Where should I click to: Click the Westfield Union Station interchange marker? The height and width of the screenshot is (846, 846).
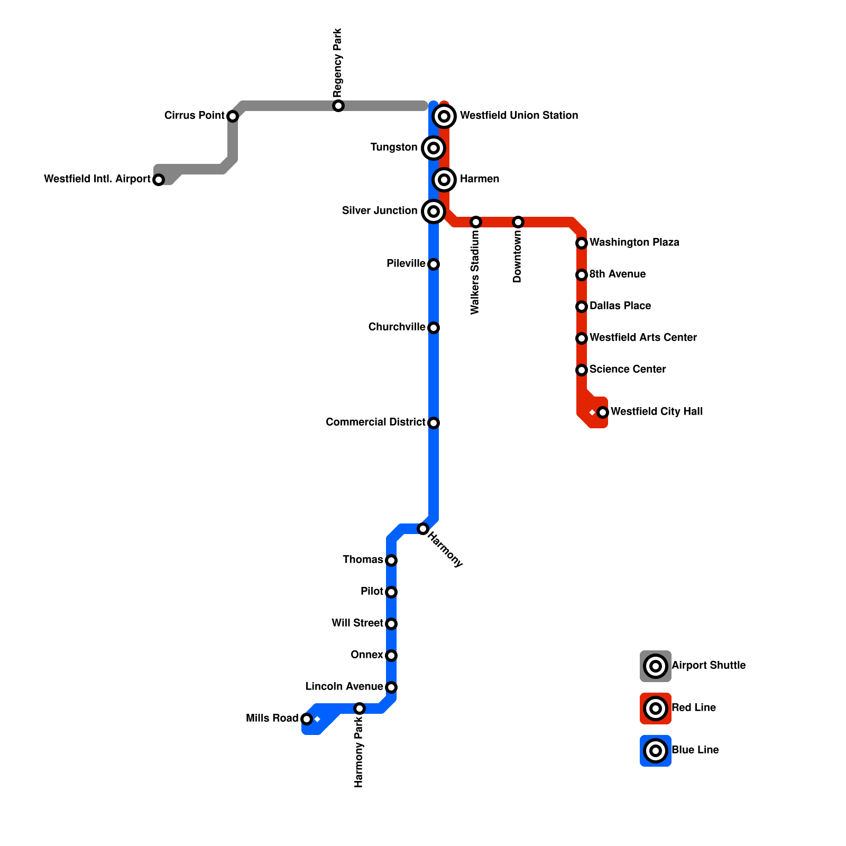tap(445, 116)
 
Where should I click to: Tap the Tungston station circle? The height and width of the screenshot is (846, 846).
tap(434, 148)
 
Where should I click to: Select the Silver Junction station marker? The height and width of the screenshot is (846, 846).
tap(434, 212)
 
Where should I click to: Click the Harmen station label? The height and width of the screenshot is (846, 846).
tap(479, 179)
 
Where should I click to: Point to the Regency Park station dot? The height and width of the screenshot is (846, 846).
tap(338, 106)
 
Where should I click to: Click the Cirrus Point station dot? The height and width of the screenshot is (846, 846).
tap(233, 116)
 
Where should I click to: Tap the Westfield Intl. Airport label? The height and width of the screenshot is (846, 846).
tap(97, 179)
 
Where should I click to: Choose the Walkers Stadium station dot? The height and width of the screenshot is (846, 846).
tap(476, 222)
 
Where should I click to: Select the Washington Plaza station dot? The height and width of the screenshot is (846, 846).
tap(582, 243)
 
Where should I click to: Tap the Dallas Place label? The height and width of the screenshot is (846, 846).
tap(620, 306)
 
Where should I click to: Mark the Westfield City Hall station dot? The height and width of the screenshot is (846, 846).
tap(603, 412)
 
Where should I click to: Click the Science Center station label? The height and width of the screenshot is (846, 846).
tap(627, 370)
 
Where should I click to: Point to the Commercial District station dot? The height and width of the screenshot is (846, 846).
tap(434, 423)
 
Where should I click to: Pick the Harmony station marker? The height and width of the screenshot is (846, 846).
tap(423, 529)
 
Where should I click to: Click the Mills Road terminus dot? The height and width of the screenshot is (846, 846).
tap(307, 719)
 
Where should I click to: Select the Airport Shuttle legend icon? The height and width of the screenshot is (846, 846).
tap(656, 666)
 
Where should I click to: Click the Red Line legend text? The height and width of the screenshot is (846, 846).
tap(693, 708)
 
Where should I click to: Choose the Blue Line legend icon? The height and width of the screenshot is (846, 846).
tap(656, 751)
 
